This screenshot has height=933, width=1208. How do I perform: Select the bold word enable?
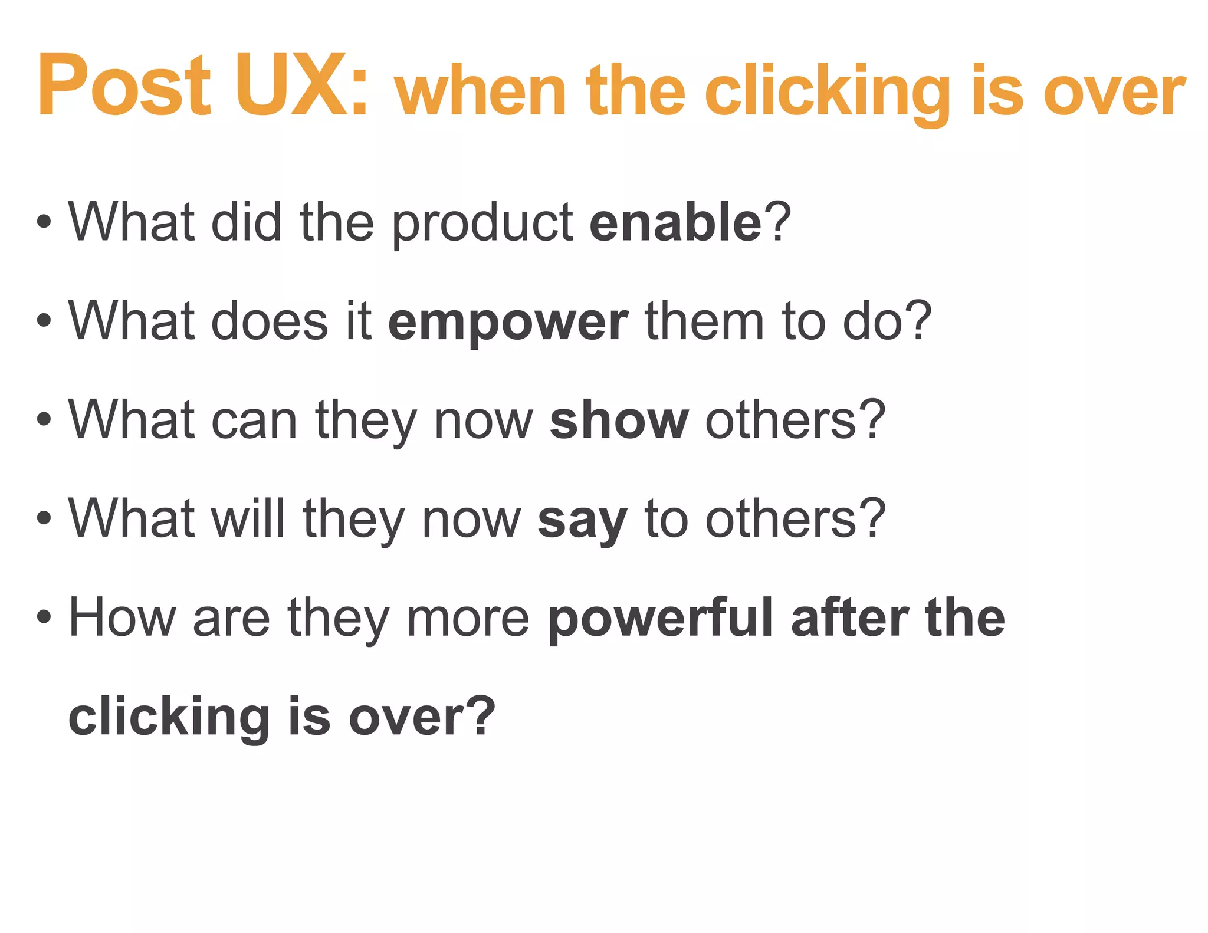pos(676,222)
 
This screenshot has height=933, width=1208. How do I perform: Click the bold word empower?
pos(508,323)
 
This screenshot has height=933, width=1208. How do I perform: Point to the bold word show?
pos(619,420)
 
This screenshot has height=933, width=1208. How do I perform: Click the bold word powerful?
pos(660,618)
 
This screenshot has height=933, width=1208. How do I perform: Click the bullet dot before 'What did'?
pos(44,222)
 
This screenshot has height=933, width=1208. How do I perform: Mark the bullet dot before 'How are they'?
pos(44,617)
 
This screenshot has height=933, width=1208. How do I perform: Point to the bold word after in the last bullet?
pos(849,618)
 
